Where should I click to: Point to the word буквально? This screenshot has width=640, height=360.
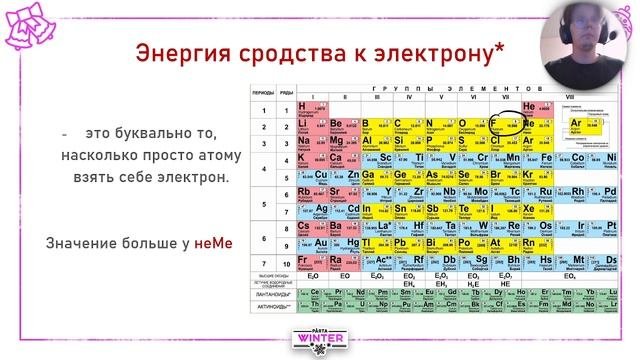pyautogui.click(x=162, y=134)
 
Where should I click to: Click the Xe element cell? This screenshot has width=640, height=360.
pyautogui.click(x=535, y=210)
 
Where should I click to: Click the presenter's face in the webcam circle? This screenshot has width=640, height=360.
pyautogui.click(x=581, y=37)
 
